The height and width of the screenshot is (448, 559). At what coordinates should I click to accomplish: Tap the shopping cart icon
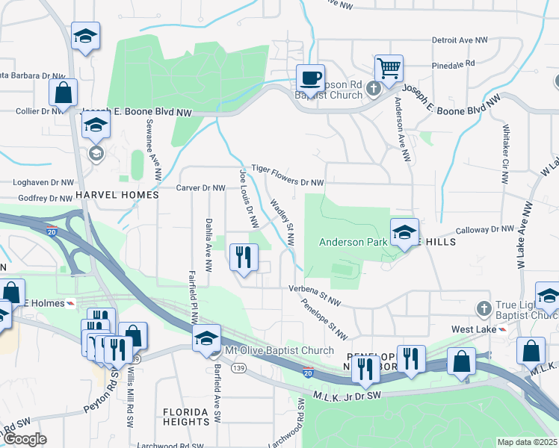[389, 68]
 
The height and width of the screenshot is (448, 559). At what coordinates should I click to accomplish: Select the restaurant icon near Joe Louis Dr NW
[244, 258]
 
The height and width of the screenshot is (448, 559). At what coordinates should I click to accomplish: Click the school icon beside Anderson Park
[404, 232]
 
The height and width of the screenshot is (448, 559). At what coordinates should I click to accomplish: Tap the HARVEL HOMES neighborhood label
[118, 195]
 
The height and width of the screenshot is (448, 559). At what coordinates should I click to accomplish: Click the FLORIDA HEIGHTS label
[186, 417]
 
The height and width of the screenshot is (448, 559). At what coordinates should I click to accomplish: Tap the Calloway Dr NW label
[487, 229]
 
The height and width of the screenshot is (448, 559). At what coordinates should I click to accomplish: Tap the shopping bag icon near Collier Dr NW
[64, 93]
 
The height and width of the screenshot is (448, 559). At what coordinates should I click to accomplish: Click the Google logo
[25, 440]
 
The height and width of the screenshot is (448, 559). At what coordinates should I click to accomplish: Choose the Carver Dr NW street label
[200, 188]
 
